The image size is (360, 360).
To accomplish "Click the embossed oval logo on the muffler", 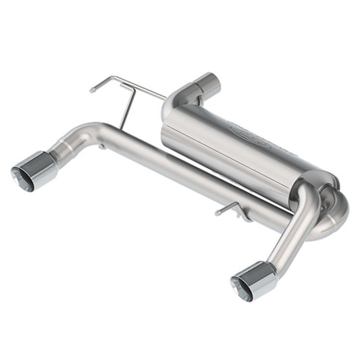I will point(250,133).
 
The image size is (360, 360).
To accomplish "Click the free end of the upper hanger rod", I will point(93,88).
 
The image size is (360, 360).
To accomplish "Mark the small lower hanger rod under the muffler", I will point(227,209).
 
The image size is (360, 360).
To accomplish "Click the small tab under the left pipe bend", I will point(101,146).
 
